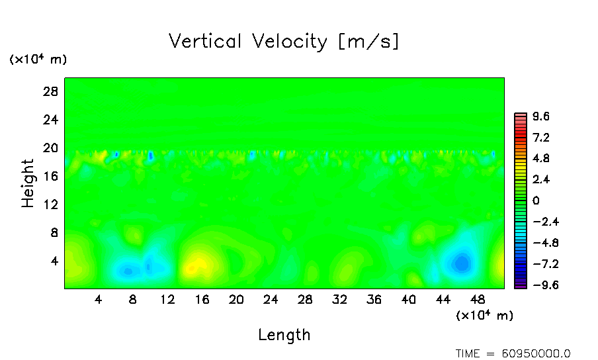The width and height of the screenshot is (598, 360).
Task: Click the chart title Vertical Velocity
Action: coord(284,42)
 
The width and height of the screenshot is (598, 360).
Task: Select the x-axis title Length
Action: coord(284,335)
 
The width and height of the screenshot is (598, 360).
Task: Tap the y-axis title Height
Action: coord(28,183)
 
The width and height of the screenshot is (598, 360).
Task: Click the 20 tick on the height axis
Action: coord(51,148)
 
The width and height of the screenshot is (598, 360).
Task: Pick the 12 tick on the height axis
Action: coord(51,204)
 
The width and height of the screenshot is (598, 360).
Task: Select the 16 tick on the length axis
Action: coord(202,300)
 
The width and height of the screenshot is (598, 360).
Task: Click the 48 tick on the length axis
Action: coord(478,300)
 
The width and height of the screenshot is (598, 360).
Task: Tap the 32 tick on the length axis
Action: coord(339,300)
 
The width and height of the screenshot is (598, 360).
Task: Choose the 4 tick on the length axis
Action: coord(99,300)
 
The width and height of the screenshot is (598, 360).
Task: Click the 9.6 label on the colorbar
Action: coord(542,117)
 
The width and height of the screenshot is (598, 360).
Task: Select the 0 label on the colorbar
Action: coord(536,201)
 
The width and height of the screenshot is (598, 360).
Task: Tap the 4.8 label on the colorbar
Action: coord(542,159)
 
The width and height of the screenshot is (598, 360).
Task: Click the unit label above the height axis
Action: coord(38,60)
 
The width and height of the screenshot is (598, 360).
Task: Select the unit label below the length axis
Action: coord(484,316)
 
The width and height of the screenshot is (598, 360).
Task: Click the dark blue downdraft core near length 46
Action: coord(461,263)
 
